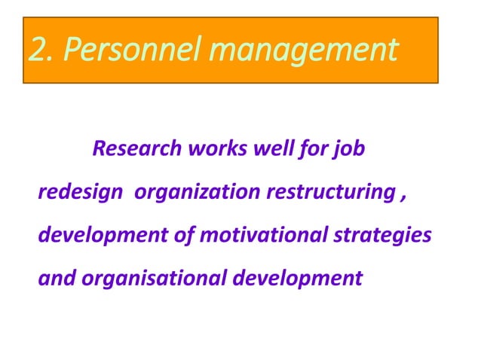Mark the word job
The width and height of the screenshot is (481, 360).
tap(350, 149)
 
